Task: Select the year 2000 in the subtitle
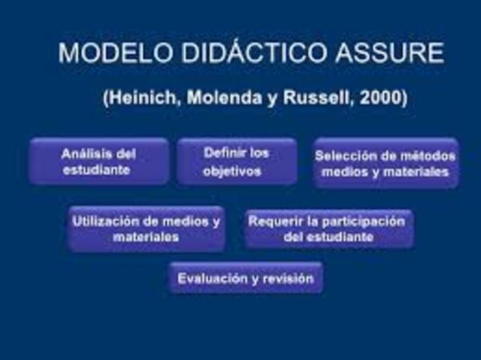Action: (381, 99)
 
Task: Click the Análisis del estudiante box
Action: (98, 162)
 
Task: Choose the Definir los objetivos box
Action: (236, 162)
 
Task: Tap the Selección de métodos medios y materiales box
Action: (386, 163)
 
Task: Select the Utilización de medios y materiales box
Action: (146, 229)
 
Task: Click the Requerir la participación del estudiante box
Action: (328, 229)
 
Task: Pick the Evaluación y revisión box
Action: (246, 278)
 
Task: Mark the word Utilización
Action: (105, 222)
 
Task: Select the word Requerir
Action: (274, 222)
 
